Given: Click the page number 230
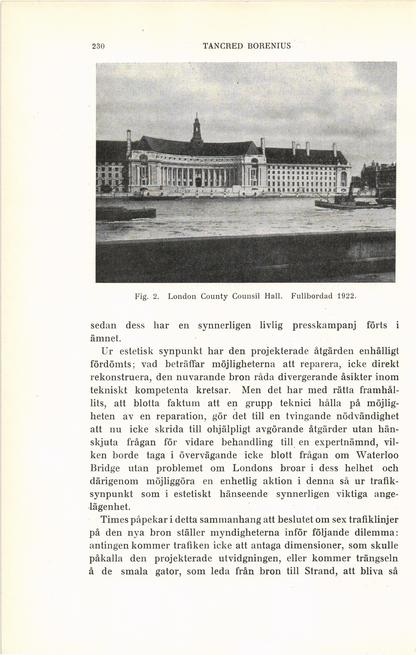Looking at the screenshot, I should pos(98,46).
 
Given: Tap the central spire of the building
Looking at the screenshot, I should pos(196,128).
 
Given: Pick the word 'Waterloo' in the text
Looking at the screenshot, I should pos(378,455).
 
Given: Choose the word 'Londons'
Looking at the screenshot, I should pos(252,468).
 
